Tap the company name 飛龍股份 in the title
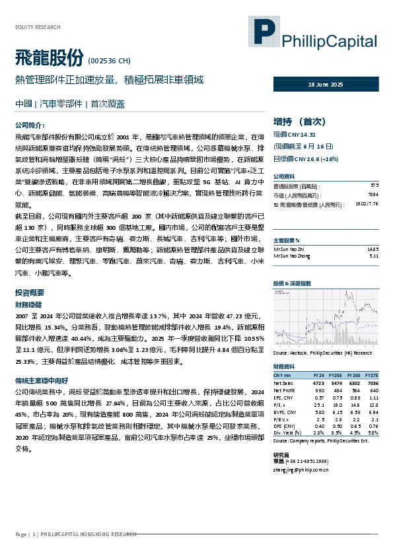(x=49, y=59)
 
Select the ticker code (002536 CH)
(x=108, y=61)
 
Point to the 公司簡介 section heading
(x=30, y=124)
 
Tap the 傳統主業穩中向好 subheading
(x=41, y=381)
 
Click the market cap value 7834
(x=373, y=195)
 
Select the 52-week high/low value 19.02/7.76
(x=366, y=205)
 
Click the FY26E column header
(x=354, y=375)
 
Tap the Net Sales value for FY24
(x=318, y=383)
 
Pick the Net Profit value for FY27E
(x=373, y=390)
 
